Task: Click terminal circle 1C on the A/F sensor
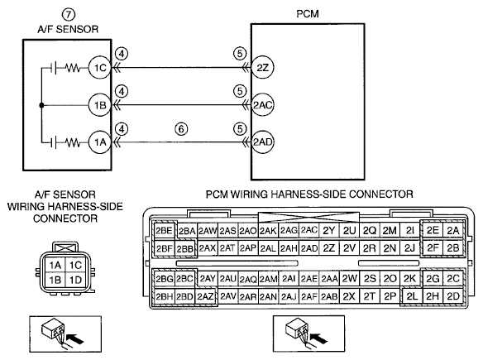[99, 68]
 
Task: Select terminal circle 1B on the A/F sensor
[99, 105]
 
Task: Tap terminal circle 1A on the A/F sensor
[99, 142]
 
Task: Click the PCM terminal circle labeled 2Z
[262, 68]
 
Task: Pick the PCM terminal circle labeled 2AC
[262, 105]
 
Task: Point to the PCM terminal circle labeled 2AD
[262, 142]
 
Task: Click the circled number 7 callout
[69, 15]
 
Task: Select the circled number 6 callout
[181, 129]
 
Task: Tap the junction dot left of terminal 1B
[41, 105]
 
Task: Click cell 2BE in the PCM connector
[165, 231]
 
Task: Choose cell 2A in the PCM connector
[453, 230]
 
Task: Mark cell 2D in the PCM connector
[453, 296]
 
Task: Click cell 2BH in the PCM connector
[165, 296]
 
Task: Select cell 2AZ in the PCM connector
[205, 296]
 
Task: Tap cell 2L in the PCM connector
[412, 296]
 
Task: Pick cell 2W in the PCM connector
[349, 279]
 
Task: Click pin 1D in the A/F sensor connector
[75, 280]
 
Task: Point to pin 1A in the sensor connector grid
[55, 265]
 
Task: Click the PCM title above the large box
[308, 14]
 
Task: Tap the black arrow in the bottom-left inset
[75, 338]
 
